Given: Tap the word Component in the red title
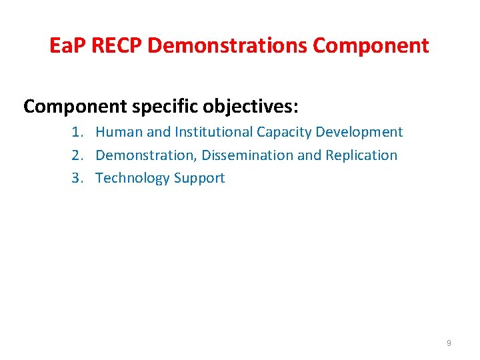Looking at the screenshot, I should click(371, 46).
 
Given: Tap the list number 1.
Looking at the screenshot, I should click(77, 132).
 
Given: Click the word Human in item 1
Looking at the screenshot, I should click(117, 132).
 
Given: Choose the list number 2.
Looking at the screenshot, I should click(77, 155).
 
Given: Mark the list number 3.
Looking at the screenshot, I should click(77, 178).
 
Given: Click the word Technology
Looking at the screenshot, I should click(133, 178).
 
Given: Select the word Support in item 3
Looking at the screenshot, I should click(199, 178).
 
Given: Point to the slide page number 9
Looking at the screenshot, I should click(449, 343).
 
